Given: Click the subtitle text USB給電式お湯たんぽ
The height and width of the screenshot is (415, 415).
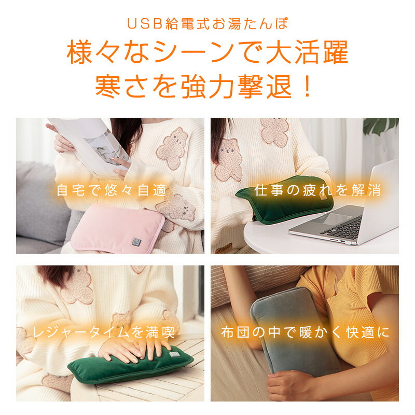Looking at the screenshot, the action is (207, 23).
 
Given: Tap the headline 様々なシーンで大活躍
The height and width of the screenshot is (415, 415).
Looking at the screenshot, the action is (207, 52).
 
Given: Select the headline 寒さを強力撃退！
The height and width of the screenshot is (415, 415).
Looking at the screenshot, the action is (204, 87).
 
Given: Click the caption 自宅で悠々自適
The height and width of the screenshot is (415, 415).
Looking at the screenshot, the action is (112, 190).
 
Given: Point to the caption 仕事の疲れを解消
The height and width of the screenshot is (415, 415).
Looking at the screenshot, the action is (317, 190).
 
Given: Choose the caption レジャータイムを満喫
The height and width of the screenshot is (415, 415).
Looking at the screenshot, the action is (103, 332).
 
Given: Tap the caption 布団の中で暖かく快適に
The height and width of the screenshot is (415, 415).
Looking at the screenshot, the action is (305, 333).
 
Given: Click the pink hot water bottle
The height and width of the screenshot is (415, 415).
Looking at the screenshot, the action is (118, 228).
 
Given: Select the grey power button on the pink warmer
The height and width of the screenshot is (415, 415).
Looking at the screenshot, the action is (136, 242).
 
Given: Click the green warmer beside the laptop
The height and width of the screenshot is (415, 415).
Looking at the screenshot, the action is (284, 199).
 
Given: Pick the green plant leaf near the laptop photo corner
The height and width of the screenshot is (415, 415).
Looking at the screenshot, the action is (381, 126).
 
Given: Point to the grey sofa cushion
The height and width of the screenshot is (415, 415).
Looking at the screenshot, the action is (40, 204).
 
